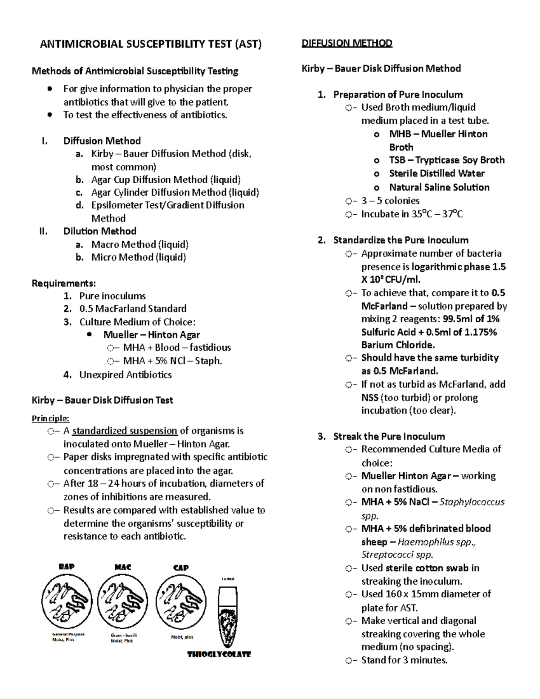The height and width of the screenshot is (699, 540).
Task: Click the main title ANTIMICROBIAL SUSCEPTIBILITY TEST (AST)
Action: point(150,44)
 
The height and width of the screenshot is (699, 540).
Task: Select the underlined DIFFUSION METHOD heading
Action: point(347,43)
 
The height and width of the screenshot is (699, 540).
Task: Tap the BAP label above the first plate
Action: point(67,567)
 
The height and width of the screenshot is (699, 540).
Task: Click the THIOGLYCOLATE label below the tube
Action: point(219,654)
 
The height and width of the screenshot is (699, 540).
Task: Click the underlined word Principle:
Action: point(50,419)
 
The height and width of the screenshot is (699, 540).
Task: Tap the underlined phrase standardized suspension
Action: point(125,431)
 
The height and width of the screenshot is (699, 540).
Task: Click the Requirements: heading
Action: point(63,283)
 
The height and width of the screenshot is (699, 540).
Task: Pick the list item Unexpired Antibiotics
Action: point(126,374)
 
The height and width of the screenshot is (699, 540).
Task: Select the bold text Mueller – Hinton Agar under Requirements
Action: point(152,335)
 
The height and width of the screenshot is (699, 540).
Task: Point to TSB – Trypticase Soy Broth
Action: point(446,160)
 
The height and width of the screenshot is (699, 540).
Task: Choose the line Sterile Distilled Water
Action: point(436,173)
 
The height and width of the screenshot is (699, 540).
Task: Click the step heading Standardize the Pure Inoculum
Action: point(400,240)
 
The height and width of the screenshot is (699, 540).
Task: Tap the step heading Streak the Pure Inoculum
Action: point(389,436)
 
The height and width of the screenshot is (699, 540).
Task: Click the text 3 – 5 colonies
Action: point(390,201)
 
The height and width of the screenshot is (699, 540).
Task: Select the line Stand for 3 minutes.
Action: point(404,660)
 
